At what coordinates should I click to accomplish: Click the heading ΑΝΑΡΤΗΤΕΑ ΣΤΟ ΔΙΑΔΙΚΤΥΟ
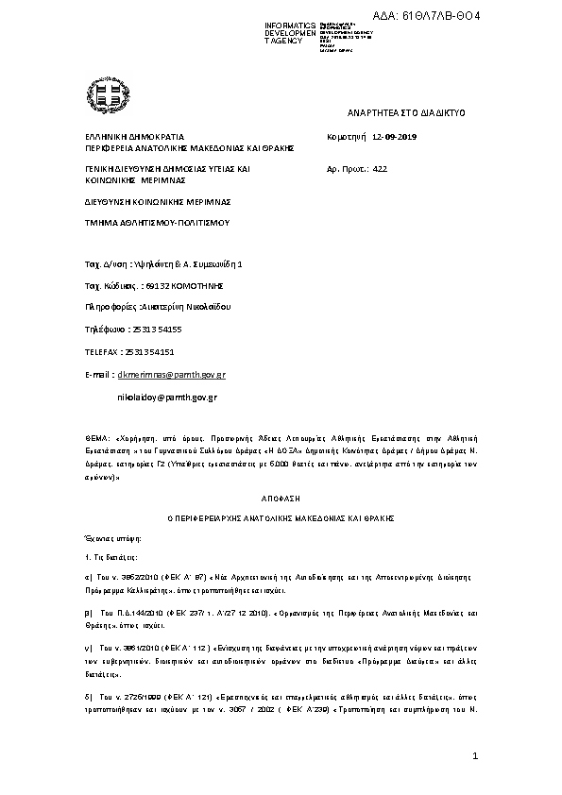click(x=407, y=112)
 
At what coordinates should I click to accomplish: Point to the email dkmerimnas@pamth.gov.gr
click(x=163, y=375)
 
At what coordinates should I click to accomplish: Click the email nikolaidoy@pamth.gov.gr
click(x=166, y=397)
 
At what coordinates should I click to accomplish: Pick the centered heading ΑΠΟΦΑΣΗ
click(x=281, y=495)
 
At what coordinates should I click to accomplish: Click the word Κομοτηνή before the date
click(x=346, y=137)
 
